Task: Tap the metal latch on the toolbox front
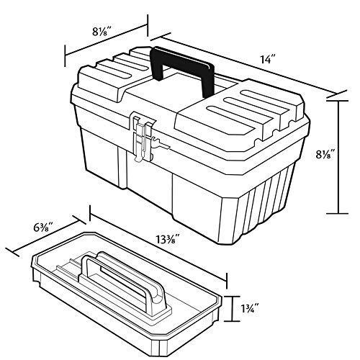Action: click(143, 138)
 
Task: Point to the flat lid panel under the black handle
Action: click(180, 97)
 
